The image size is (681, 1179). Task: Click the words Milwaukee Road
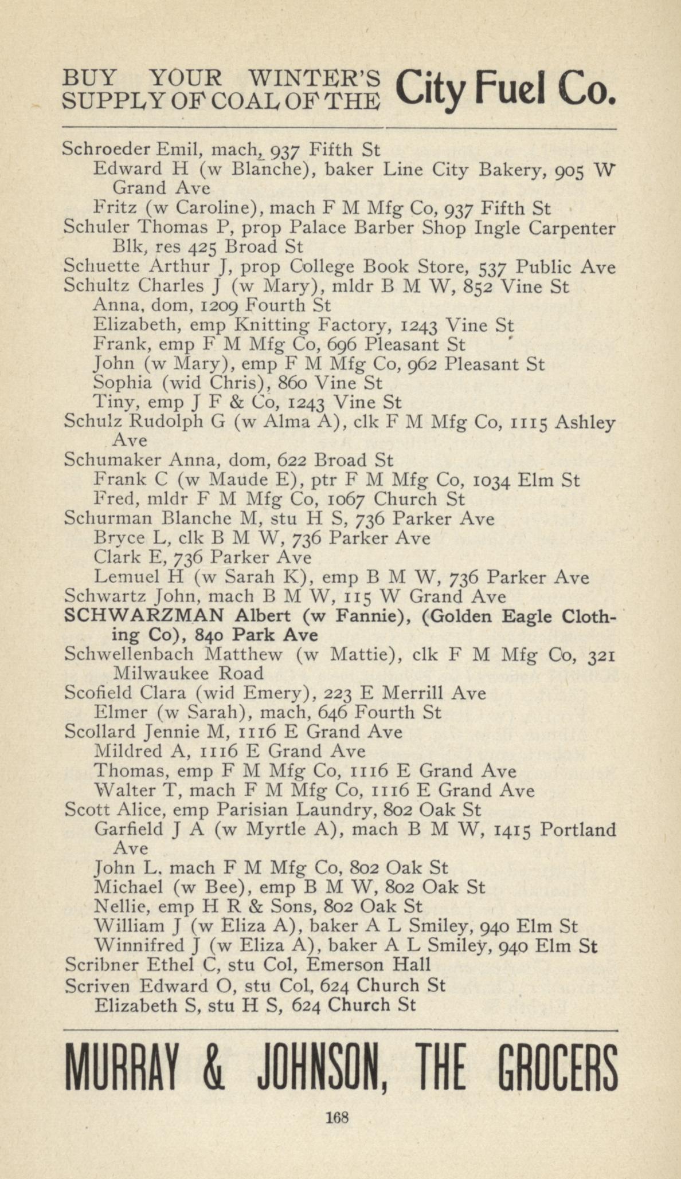(189, 674)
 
